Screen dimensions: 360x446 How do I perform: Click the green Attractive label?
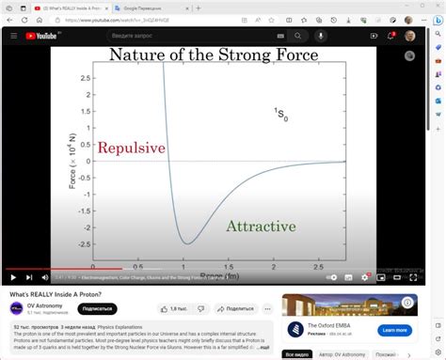[261, 227]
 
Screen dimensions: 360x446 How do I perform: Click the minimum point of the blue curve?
[186, 243]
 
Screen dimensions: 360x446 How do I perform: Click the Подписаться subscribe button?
[96, 308]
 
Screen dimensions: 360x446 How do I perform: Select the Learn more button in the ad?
[393, 330]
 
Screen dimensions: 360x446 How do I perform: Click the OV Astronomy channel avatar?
[17, 308]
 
